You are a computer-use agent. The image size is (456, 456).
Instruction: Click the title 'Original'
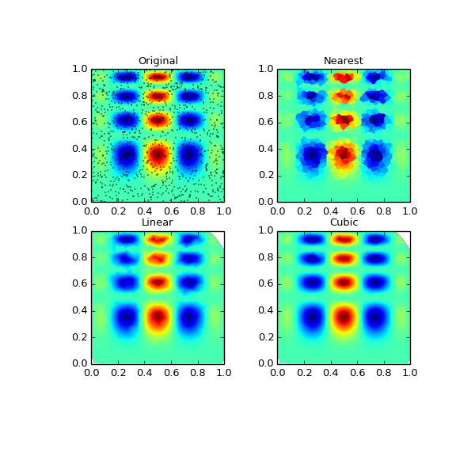pyautogui.click(x=158, y=61)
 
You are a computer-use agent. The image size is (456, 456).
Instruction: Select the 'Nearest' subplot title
pyautogui.click(x=344, y=61)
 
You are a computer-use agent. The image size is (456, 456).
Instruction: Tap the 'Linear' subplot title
pyautogui.click(x=158, y=222)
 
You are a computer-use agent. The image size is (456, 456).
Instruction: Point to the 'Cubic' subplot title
pyautogui.click(x=344, y=222)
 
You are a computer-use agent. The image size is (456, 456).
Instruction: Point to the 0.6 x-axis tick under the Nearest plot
pyautogui.click(x=357, y=211)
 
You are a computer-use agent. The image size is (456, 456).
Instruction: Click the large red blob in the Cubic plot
pyautogui.click(x=344, y=317)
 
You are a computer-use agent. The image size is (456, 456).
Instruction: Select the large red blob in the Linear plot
pyautogui.click(x=158, y=317)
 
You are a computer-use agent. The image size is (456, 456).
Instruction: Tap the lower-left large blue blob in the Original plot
pyautogui.click(x=125, y=154)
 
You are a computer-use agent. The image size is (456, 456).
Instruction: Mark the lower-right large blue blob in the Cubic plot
pyautogui.click(x=376, y=317)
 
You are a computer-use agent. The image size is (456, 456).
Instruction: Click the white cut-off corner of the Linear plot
pyautogui.click(x=219, y=235)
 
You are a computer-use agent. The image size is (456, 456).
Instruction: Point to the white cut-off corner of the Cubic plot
pyautogui.click(x=405, y=235)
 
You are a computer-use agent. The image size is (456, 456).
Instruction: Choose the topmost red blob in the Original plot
pyautogui.click(x=158, y=77)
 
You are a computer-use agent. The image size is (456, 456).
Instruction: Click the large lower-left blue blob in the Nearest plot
pyautogui.click(x=311, y=155)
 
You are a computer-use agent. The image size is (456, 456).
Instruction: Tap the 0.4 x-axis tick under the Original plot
pyautogui.click(x=144, y=211)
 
